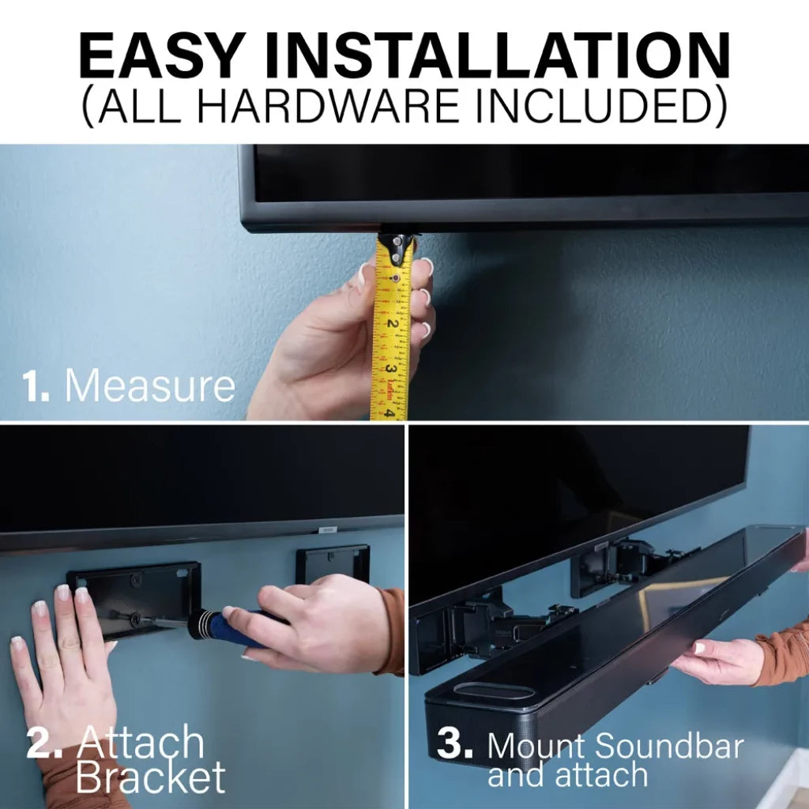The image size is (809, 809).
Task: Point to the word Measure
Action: (149, 385)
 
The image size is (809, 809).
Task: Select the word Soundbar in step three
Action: (670, 746)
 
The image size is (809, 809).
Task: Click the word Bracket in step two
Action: (151, 776)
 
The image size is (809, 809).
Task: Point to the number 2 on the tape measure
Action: (392, 324)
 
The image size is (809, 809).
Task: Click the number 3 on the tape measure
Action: (390, 370)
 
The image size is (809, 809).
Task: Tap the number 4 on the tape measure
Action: (389, 413)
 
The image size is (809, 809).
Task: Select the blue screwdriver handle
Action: (243, 627)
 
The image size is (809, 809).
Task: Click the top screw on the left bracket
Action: (135, 579)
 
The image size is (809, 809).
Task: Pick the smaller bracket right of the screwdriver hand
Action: (333, 564)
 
